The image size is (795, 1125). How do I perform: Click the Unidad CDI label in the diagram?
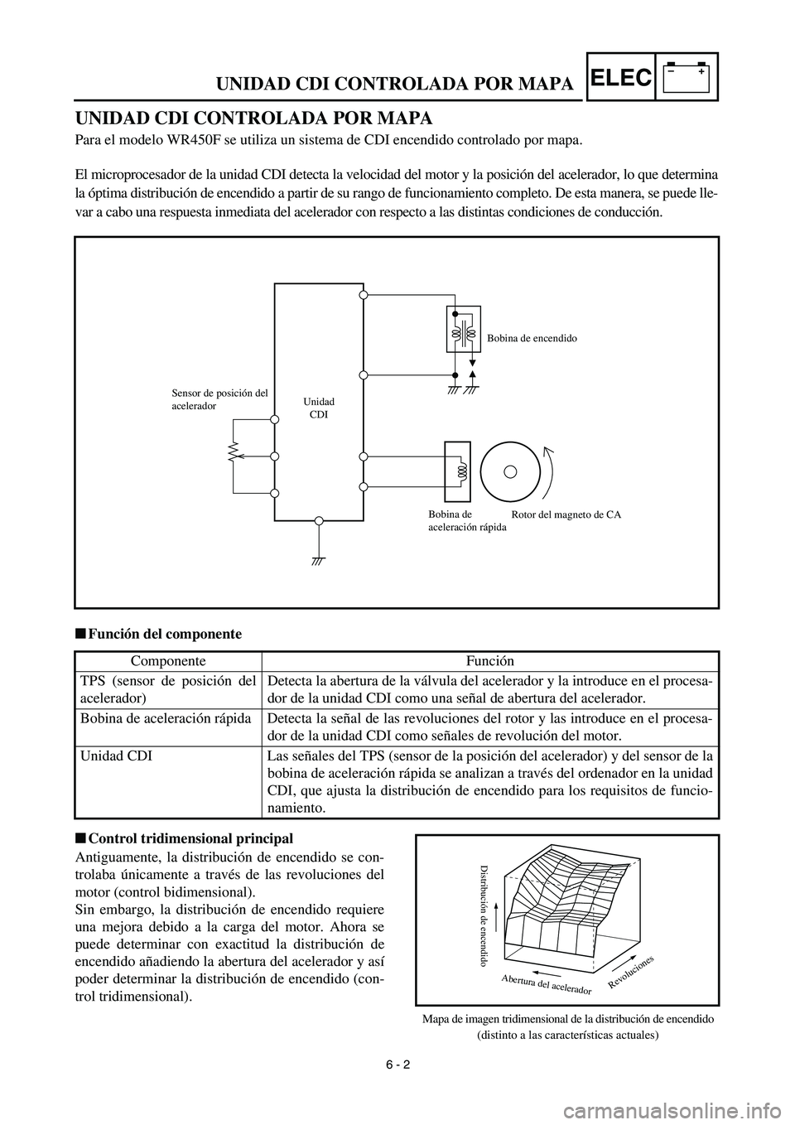[318, 408]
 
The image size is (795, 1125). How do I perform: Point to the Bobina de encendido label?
[531, 339]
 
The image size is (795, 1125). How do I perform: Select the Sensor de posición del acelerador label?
[219, 400]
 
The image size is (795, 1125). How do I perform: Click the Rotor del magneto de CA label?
[566, 515]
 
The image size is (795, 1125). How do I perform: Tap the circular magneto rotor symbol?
[511, 471]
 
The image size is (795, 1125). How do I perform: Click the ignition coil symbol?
[464, 331]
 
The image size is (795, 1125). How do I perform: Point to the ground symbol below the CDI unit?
[319, 559]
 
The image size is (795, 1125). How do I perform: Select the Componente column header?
[168, 662]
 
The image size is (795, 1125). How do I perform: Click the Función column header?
[489, 662]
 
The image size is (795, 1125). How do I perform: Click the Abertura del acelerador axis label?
[547, 985]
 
